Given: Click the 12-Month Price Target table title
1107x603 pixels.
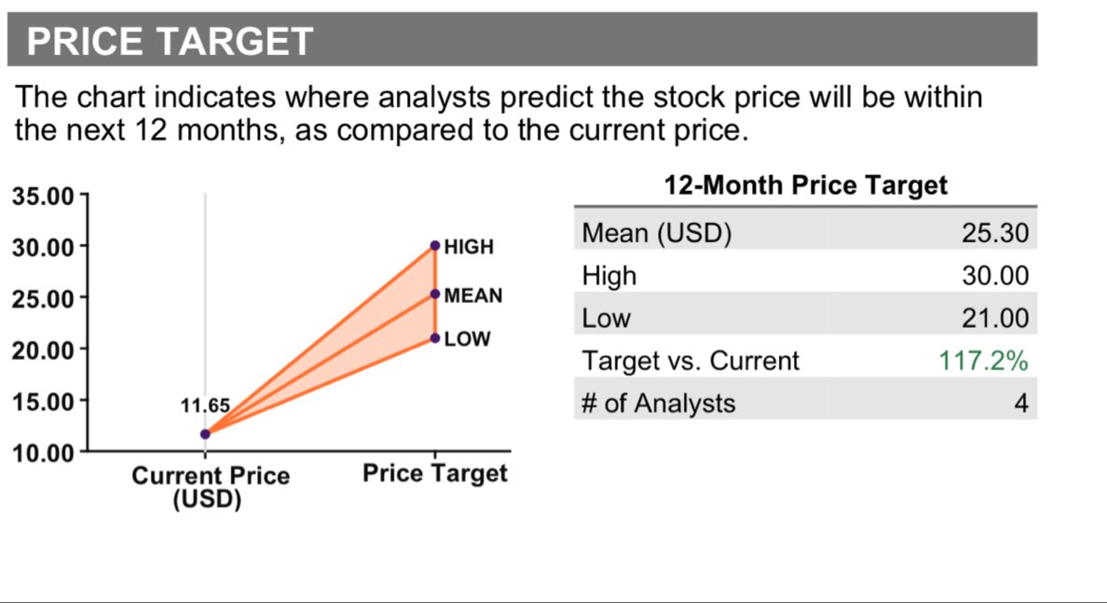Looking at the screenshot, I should [805, 185].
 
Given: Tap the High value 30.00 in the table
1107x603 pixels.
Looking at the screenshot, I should [995, 276].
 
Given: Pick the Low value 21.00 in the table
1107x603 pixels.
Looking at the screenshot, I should [995, 319].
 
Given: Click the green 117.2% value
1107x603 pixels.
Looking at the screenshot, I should [983, 361].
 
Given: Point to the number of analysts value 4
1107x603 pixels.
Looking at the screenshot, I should [1021, 404].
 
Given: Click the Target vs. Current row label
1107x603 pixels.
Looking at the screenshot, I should [690, 361].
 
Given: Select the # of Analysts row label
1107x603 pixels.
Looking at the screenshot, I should [658, 404].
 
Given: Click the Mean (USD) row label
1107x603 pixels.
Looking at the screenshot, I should [656, 233].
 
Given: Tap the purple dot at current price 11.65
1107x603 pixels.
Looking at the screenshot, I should [205, 433].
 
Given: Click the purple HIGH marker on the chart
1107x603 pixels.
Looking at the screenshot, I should [435, 246].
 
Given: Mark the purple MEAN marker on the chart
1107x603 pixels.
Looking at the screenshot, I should [435, 294].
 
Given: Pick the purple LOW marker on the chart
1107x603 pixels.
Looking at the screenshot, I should [435, 337].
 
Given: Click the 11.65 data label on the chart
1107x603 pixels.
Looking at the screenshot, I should [204, 406].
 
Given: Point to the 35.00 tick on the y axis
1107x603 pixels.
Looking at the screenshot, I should [42, 197].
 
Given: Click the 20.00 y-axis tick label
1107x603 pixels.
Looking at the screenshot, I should [42, 350].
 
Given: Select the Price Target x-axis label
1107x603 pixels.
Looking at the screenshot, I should [434, 473].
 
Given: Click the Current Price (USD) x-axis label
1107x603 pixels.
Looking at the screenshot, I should [210, 487].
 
